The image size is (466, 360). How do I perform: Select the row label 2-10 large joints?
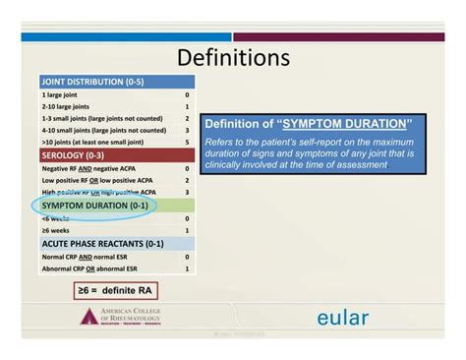(x=66, y=105)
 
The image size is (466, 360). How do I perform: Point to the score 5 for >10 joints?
(x=186, y=141)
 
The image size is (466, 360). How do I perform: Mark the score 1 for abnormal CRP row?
(x=186, y=268)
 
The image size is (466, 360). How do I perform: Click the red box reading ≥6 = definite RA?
(x=115, y=291)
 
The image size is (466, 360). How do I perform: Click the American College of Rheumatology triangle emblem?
(x=89, y=317)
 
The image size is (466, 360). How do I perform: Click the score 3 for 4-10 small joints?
(x=186, y=129)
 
